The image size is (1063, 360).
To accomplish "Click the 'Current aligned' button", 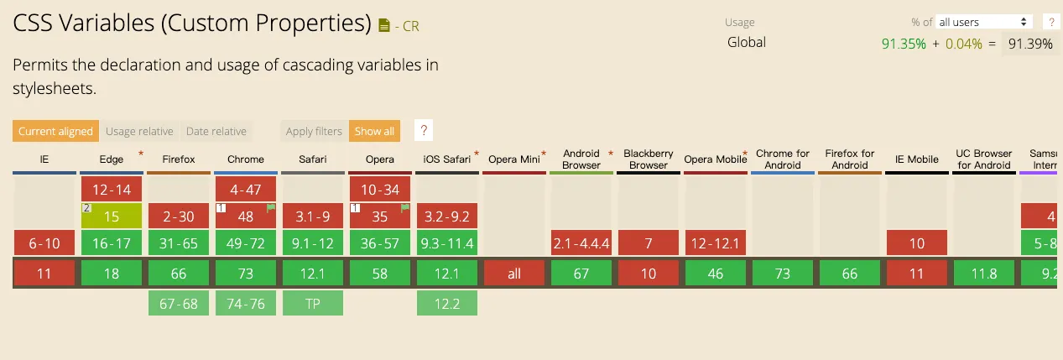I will point(55,131).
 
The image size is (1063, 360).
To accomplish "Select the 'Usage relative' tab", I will point(139,131).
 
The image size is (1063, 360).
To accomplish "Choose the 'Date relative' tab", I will point(216,131).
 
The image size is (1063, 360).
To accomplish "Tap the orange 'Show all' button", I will point(374,131).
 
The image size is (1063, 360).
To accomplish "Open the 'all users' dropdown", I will point(984,22).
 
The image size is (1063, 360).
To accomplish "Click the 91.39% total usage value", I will point(1030,44).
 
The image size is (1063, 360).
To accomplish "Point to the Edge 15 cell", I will point(112,217).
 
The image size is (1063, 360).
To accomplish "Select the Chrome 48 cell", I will point(246,217).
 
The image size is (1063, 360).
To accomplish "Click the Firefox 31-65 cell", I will point(179,244).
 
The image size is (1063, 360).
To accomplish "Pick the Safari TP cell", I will point(313,304).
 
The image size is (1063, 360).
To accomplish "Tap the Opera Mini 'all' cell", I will point(514,274).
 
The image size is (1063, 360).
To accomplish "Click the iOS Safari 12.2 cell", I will point(447,304).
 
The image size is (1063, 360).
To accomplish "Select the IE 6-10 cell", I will point(44,244).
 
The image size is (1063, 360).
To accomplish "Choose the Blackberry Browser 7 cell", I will point(649,244).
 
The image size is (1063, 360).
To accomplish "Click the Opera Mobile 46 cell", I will point(716,274).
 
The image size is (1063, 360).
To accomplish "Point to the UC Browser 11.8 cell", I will point(984,274).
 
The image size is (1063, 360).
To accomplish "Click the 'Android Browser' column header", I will point(581,159).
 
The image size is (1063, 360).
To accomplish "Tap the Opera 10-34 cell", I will point(380,190).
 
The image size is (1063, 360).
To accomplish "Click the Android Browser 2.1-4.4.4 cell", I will point(581,244).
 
